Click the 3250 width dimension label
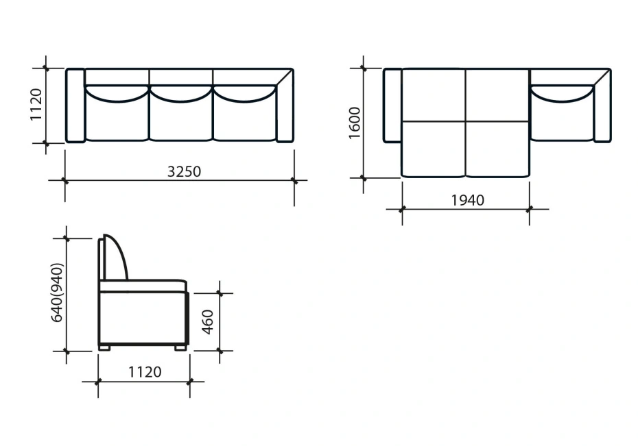(184, 171)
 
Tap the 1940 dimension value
(467, 200)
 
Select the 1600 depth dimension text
(355, 123)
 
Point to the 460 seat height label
(207, 322)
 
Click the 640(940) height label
(57, 293)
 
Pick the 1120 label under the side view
(145, 372)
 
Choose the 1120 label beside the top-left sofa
(36, 104)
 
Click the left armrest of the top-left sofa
(75, 106)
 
